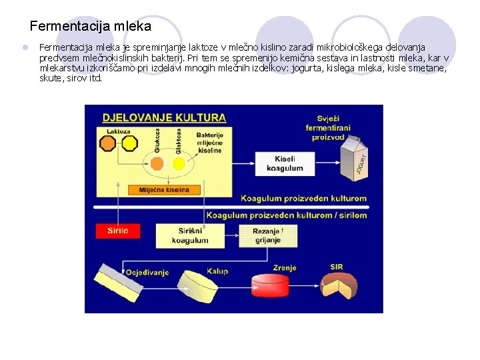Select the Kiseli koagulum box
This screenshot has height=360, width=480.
click(x=285, y=163)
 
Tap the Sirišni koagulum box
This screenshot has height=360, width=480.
click(x=189, y=235)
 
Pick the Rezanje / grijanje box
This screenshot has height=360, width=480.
click(x=268, y=235)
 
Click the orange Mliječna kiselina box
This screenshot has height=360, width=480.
click(x=164, y=190)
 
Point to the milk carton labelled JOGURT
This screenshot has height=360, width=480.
click(x=353, y=158)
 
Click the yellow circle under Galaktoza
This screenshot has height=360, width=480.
click(x=179, y=163)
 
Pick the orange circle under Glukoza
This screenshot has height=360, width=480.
click(x=161, y=163)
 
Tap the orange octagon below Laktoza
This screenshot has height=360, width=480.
click(x=108, y=143)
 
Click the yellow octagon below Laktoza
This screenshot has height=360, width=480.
click(x=129, y=143)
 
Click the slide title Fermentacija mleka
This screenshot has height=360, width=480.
click(x=91, y=27)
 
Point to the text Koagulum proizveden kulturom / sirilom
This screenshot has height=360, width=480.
click(x=286, y=215)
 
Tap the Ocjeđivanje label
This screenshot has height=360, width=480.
click(x=149, y=272)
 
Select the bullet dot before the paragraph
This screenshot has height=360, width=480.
click(x=24, y=48)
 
